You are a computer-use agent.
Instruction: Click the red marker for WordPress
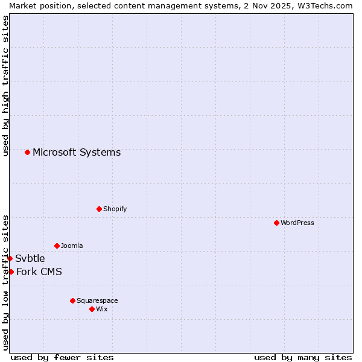[x=276, y=223]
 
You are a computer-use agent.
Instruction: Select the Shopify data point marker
[x=99, y=209]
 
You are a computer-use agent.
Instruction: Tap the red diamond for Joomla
[x=57, y=246]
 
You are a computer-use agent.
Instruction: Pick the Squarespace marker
[x=72, y=300]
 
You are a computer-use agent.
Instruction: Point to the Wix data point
[x=92, y=309]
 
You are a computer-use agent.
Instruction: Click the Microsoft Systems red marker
[x=27, y=152]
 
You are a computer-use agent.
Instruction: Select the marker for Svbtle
[x=10, y=258]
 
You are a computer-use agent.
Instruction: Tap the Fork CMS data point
[x=11, y=271]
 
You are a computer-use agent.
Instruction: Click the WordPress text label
[x=297, y=223]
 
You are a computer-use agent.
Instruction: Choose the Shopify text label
[x=115, y=209]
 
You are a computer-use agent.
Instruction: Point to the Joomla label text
[x=72, y=246]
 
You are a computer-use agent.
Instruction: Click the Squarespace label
[x=97, y=300]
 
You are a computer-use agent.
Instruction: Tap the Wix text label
[x=102, y=309]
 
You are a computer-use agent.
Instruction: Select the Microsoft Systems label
[x=77, y=152]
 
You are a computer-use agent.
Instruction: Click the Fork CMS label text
[x=39, y=271]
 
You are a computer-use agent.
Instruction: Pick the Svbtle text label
[x=30, y=259]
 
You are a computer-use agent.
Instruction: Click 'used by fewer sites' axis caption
[x=62, y=357]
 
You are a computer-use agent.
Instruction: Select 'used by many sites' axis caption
[x=303, y=357]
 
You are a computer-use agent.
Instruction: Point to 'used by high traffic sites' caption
[x=5, y=86]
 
